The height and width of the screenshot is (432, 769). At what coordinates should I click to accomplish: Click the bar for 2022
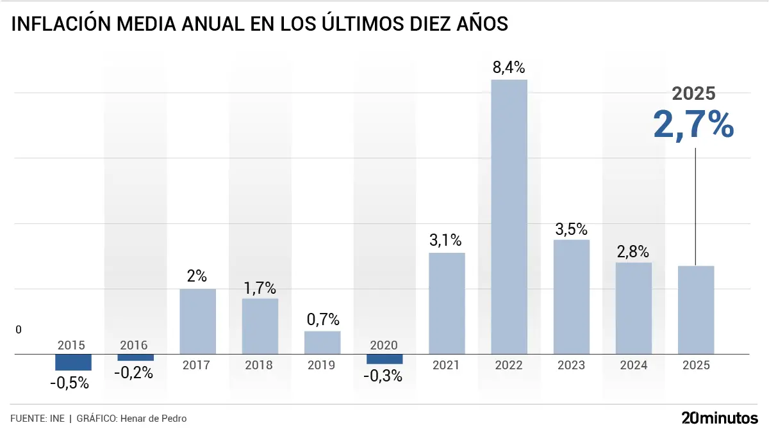pyautogui.click(x=509, y=216)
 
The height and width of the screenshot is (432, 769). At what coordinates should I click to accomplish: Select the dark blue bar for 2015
pyautogui.click(x=73, y=362)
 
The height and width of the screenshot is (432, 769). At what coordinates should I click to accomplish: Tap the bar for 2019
pyautogui.click(x=322, y=342)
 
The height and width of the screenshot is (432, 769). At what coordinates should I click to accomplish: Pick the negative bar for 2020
pyautogui.click(x=384, y=359)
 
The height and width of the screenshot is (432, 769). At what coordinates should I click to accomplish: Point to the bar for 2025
pyautogui.click(x=696, y=310)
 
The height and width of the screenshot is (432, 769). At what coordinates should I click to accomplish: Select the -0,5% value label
pyautogui.click(x=69, y=384)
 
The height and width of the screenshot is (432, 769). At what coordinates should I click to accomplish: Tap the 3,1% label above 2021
pyautogui.click(x=446, y=241)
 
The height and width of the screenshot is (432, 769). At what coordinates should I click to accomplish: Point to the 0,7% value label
pyautogui.click(x=322, y=319)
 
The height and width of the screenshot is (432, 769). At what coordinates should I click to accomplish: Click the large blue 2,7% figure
pyautogui.click(x=693, y=124)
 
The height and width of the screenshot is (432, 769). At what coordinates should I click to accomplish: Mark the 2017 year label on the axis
pyautogui.click(x=196, y=365)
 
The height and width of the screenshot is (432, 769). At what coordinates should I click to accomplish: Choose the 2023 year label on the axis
pyautogui.click(x=571, y=365)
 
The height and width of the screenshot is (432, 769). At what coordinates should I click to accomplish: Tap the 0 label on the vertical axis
pyautogui.click(x=19, y=330)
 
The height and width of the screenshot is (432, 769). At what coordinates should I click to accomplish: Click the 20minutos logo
pyautogui.click(x=719, y=418)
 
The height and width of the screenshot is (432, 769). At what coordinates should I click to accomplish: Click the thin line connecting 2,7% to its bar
pyautogui.click(x=695, y=205)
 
